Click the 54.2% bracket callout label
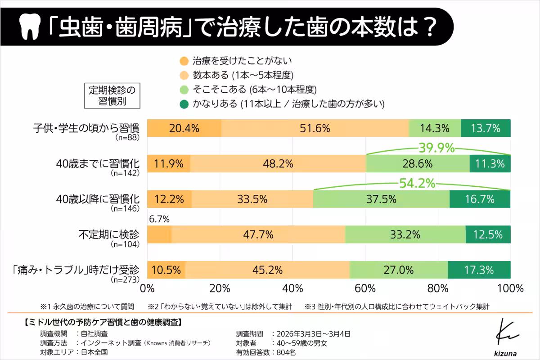pyautogui.click(x=417, y=183)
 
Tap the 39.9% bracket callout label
pyautogui.click(x=436, y=148)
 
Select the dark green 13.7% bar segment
pyautogui.click(x=486, y=128)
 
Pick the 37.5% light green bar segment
pyautogui.click(x=381, y=199)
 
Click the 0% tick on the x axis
pyautogui.click(x=148, y=288)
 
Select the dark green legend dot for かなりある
pyautogui.click(x=184, y=104)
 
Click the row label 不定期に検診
pyautogui.click(x=109, y=234)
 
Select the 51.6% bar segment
pyautogui.click(x=315, y=128)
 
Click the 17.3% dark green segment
pyautogui.click(x=479, y=270)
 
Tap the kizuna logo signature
pyautogui.click(x=507, y=337)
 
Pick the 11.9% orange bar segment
pyautogui.click(x=169, y=164)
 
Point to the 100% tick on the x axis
pyautogui.click(x=510, y=288)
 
